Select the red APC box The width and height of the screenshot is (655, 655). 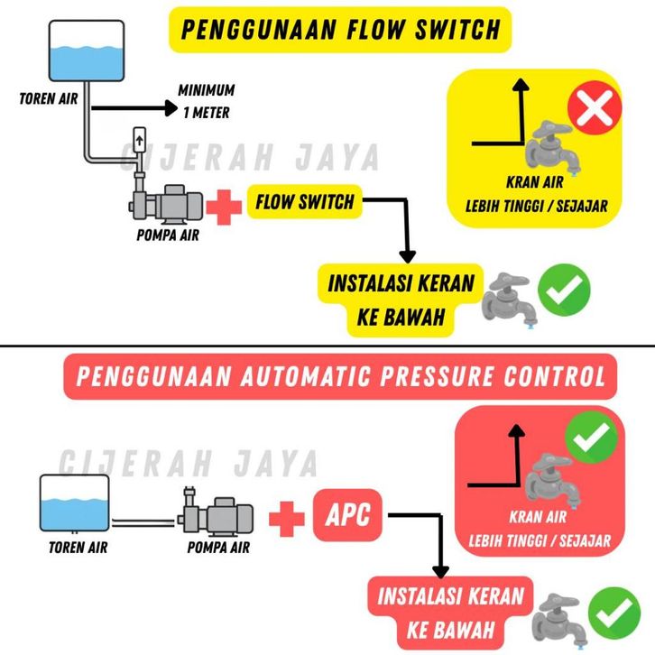348,516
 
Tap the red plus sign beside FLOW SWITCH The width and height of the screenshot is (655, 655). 221,207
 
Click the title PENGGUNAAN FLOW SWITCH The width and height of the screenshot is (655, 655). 340,29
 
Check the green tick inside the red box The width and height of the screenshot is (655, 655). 591,438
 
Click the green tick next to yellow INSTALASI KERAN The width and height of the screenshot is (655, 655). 564,291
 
